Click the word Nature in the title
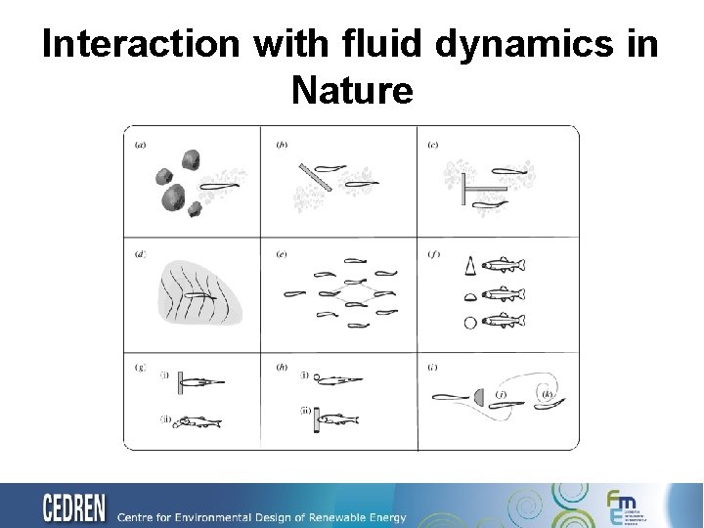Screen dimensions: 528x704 coord(352,91)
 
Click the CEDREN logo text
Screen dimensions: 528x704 coord(74,508)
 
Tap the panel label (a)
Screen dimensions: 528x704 coord(141,145)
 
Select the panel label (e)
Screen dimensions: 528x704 coord(282,254)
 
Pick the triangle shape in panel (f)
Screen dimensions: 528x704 coord(471,265)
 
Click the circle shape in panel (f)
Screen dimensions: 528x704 coord(470,322)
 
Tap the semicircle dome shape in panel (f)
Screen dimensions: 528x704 coord(470,295)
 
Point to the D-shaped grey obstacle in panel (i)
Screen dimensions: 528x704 coord(479,396)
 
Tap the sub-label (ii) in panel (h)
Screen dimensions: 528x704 coord(305,411)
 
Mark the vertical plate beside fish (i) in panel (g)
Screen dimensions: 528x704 coord(182,382)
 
